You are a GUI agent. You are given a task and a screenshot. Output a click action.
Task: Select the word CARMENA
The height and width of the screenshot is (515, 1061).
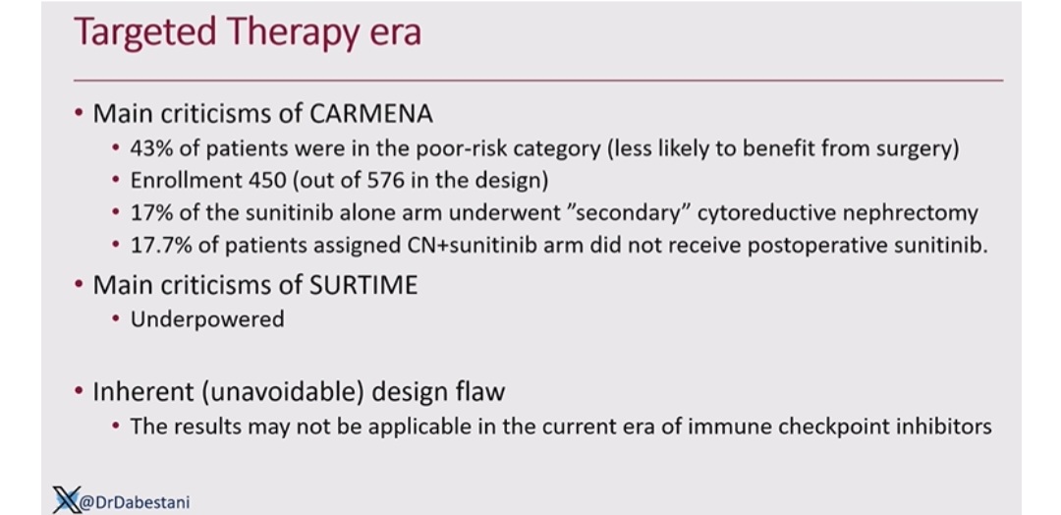pyautogui.click(x=371, y=114)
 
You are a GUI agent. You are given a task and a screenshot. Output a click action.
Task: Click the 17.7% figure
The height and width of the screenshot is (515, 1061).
pyautogui.click(x=160, y=246)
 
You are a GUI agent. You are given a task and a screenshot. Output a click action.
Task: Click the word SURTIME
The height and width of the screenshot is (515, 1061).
pyautogui.click(x=364, y=285)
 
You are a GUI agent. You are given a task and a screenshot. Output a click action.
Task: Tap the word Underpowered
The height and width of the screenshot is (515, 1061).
pyautogui.click(x=207, y=319)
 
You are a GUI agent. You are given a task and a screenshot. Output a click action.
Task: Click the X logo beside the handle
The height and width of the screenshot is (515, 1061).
pyautogui.click(x=67, y=499)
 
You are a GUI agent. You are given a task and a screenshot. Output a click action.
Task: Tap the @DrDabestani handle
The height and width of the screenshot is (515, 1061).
pyautogui.click(x=135, y=502)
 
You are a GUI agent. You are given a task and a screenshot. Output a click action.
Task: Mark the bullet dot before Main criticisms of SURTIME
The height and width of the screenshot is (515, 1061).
pyautogui.click(x=80, y=286)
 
